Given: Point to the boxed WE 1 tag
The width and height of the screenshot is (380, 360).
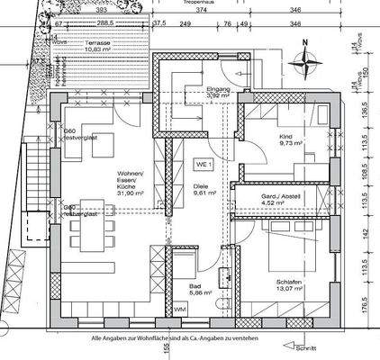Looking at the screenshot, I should pyautogui.click(x=204, y=166).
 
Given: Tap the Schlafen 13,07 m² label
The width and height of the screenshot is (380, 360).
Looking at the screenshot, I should pyautogui.click(x=294, y=286).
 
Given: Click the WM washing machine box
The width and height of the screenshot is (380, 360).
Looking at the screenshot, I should pyautogui.click(x=180, y=309).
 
